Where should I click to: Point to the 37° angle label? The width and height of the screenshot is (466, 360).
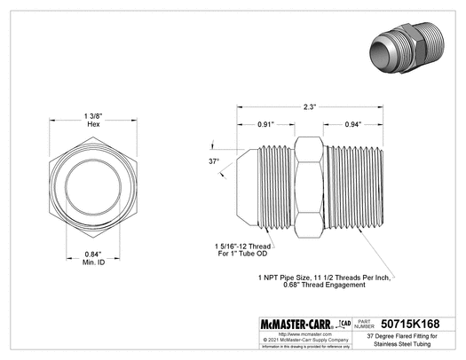coord(213,162)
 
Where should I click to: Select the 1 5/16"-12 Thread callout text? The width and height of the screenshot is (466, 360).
coord(242,247)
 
